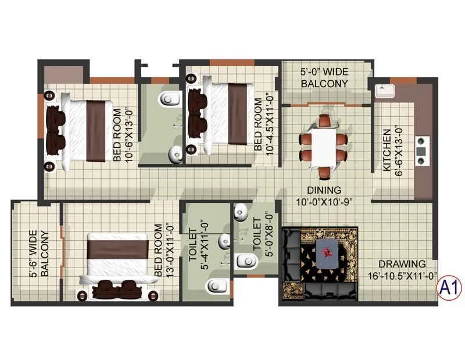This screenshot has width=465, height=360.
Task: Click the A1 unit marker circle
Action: [x=448, y=287]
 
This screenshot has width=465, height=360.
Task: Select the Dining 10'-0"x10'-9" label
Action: [x=324, y=195]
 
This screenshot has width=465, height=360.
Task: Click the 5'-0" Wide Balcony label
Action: [x=324, y=78]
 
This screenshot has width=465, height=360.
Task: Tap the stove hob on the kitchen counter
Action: [x=421, y=148]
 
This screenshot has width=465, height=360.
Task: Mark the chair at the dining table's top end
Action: [x=324, y=121]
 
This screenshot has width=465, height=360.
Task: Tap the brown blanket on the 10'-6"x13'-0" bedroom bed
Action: [x=96, y=131]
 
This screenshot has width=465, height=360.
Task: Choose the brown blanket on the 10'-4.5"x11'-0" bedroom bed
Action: [x=237, y=113]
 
